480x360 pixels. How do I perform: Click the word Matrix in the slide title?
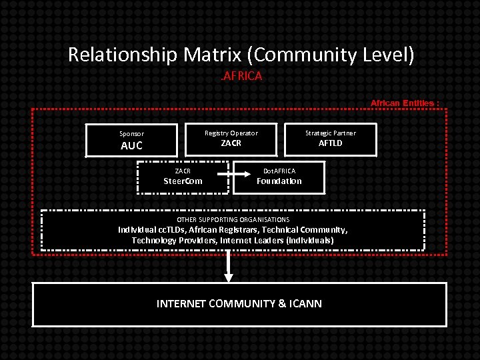(216, 55)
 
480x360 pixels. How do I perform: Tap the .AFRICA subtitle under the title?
(241, 76)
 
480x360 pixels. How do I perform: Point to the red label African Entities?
(405, 103)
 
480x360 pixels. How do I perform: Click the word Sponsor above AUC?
(131, 133)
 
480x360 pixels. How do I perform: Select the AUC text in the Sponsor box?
(131, 146)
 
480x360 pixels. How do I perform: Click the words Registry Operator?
(231, 133)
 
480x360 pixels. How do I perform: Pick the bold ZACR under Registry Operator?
(231, 143)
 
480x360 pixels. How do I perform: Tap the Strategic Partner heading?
(331, 133)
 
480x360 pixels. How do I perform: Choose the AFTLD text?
(331, 143)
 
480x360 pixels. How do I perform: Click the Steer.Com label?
(183, 181)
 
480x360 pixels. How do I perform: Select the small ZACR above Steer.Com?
(183, 171)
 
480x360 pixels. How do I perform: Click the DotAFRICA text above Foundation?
(279, 171)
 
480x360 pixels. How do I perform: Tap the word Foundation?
(279, 181)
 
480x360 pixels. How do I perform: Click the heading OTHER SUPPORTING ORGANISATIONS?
(233, 219)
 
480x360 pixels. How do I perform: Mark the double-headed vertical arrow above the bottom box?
(229, 266)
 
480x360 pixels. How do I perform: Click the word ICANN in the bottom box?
(306, 304)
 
